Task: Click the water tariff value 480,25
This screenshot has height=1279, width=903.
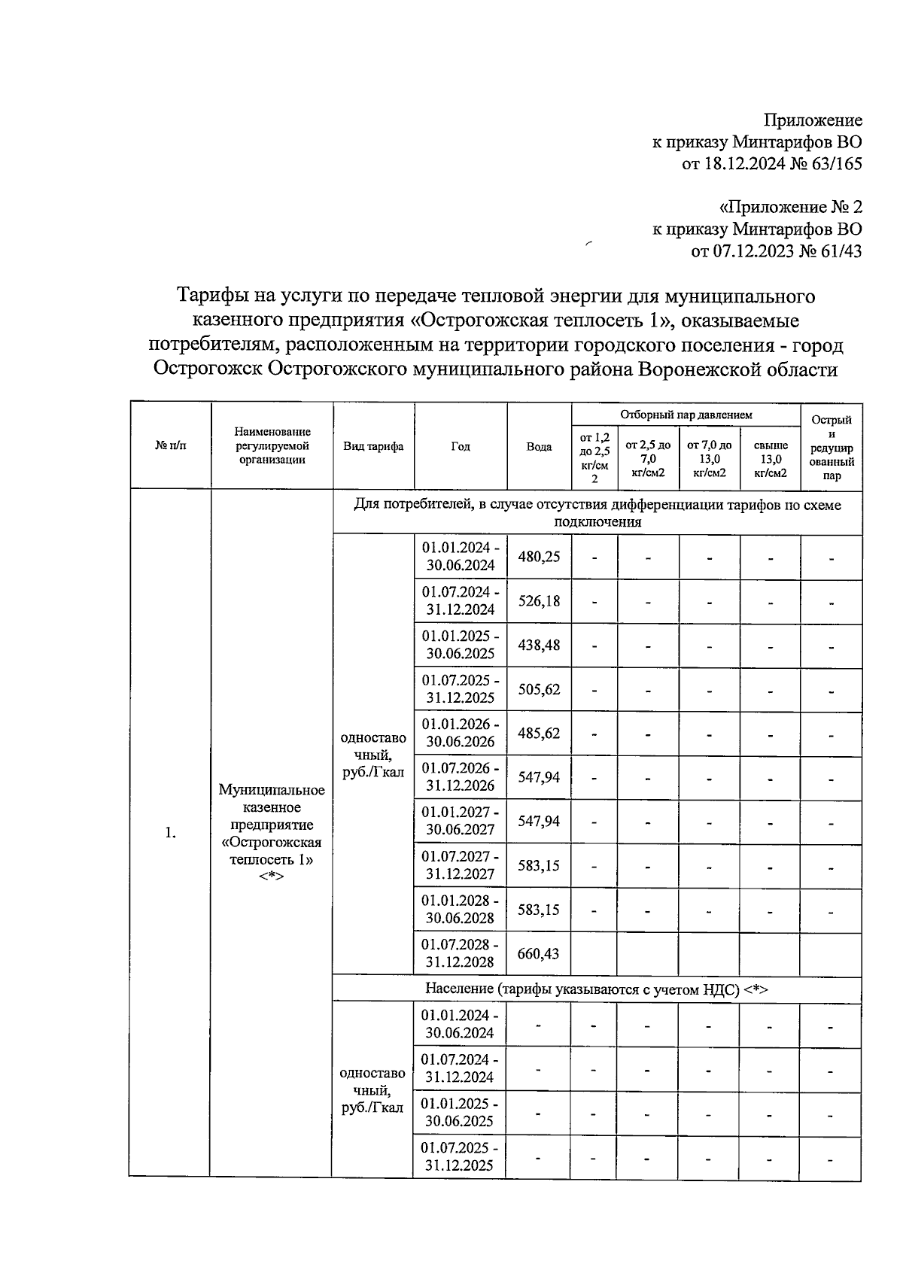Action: [x=539, y=557]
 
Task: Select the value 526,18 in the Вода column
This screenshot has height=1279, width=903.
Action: [x=539, y=601]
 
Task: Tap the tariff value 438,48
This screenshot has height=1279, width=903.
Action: [x=539, y=645]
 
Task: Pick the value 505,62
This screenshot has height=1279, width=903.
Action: [x=539, y=689]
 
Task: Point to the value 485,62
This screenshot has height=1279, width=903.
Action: [x=539, y=733]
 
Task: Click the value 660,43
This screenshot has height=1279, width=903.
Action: [x=539, y=953]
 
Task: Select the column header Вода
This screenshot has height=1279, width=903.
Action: [x=539, y=446]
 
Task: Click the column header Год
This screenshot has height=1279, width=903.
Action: [x=461, y=446]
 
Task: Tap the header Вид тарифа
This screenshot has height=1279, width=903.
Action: [x=373, y=446]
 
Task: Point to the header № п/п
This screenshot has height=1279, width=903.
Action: [x=171, y=446]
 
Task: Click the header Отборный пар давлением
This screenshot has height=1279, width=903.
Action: [x=686, y=415]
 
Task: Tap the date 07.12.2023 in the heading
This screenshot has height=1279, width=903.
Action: [x=742, y=251]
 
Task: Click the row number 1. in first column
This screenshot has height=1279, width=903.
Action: [x=171, y=832]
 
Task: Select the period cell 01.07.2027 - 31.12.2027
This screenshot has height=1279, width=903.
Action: [x=460, y=865]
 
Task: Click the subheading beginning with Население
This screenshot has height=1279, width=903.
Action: [x=596, y=989]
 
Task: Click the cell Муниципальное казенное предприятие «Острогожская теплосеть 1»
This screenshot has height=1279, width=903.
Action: [x=272, y=832]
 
